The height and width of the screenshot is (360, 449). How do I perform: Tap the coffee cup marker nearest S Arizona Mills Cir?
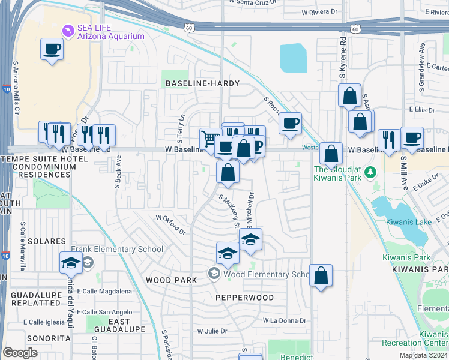click(52, 49)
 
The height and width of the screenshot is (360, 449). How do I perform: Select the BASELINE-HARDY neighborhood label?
click(202, 83)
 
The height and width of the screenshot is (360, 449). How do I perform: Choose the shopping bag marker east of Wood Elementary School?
click(321, 276)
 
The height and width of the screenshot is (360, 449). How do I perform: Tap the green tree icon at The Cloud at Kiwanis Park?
click(370, 173)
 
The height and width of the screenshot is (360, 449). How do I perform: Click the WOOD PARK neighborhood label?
click(170, 280)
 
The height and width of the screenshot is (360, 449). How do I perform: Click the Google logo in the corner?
click(20, 353)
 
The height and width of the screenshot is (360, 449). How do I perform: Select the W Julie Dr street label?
click(212, 331)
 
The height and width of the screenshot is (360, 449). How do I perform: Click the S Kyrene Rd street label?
click(343, 59)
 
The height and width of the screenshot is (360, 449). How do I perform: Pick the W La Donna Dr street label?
click(285, 320)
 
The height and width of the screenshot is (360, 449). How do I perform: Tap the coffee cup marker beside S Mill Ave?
click(412, 138)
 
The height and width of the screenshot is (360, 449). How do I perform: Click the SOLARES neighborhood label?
click(46, 241)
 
